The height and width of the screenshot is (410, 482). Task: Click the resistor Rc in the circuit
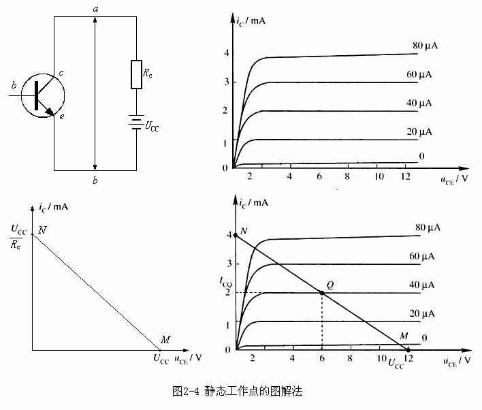click(135, 74)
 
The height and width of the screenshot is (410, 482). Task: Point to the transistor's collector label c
click(61, 72)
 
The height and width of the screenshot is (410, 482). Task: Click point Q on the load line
click(322, 293)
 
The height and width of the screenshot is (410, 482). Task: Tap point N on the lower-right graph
click(236, 235)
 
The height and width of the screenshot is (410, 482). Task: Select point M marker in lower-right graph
click(408, 349)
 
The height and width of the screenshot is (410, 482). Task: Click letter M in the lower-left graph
click(165, 340)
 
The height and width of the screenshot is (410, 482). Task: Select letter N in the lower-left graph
click(42, 230)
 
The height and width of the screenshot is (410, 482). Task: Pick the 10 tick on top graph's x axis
click(379, 176)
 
